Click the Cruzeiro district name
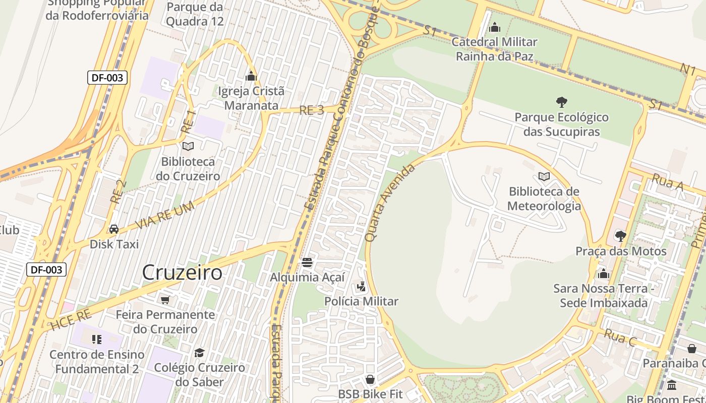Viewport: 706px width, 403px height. click(x=182, y=273)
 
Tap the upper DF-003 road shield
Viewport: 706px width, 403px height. click(x=107, y=78)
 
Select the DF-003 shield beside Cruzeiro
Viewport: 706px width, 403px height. click(x=46, y=270)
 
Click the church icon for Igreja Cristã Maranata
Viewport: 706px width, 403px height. click(x=251, y=77)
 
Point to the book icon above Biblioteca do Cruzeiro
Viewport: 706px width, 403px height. click(x=188, y=146)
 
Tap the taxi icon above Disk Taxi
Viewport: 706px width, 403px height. click(x=114, y=229)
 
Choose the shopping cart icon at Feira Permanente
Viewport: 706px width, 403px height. click(x=165, y=300)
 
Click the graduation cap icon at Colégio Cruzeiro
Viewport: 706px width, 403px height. click(x=200, y=353)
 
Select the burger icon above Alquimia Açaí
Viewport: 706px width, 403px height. click(x=307, y=262)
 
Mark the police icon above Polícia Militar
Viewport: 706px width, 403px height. click(x=361, y=287)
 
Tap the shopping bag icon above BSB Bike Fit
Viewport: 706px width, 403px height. click(x=370, y=379)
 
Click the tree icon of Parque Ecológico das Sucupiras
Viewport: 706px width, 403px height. click(x=561, y=102)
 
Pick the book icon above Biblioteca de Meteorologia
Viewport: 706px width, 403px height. click(x=544, y=176)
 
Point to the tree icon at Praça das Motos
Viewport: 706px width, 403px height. click(x=621, y=236)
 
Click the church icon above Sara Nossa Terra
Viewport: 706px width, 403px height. click(x=604, y=274)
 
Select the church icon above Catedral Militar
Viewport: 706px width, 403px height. click(x=495, y=27)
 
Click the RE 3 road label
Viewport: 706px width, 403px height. click(x=312, y=110)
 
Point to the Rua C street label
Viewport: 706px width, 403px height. click(x=620, y=338)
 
